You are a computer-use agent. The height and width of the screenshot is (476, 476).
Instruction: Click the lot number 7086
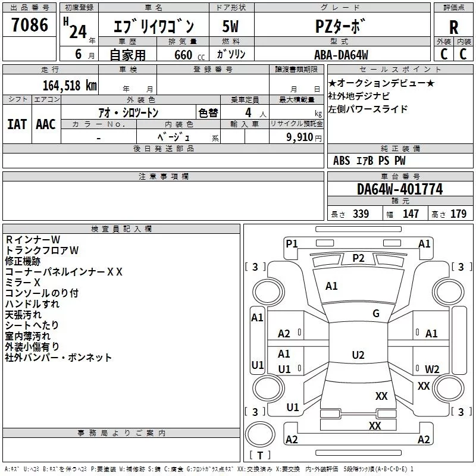tap(30, 24)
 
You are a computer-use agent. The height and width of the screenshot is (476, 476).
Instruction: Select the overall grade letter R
tap(453, 27)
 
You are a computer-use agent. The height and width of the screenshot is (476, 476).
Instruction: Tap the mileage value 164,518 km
tap(70, 85)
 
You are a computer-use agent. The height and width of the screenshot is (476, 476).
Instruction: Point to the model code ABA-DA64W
tap(341, 55)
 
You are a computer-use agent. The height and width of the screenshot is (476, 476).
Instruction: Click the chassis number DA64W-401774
tap(400, 189)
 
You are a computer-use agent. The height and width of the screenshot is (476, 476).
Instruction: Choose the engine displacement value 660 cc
tap(189, 55)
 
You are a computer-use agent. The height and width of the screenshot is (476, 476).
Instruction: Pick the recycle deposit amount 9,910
tap(300, 137)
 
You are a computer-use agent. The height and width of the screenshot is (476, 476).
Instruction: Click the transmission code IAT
tap(17, 124)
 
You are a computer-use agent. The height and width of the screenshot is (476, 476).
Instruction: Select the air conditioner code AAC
tap(46, 124)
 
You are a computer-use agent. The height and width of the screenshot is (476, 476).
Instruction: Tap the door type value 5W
tap(230, 26)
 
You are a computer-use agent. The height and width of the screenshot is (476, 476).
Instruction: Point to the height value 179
tap(458, 214)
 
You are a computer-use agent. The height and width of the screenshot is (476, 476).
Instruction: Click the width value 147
tap(411, 214)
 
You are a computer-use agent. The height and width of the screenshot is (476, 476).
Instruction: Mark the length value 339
tap(361, 214)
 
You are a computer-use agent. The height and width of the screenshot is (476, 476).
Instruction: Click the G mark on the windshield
tap(376, 314)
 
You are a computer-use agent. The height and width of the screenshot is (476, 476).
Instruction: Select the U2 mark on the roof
tap(358, 355)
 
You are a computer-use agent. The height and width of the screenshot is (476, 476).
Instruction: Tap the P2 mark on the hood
tap(358, 258)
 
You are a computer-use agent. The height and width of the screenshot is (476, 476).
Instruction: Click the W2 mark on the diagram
tap(432, 369)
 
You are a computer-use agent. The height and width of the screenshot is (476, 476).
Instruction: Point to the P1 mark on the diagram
tap(292, 243)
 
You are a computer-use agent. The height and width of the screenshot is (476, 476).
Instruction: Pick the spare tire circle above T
tap(260, 434)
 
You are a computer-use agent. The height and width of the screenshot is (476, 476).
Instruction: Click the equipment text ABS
tap(342, 161)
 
